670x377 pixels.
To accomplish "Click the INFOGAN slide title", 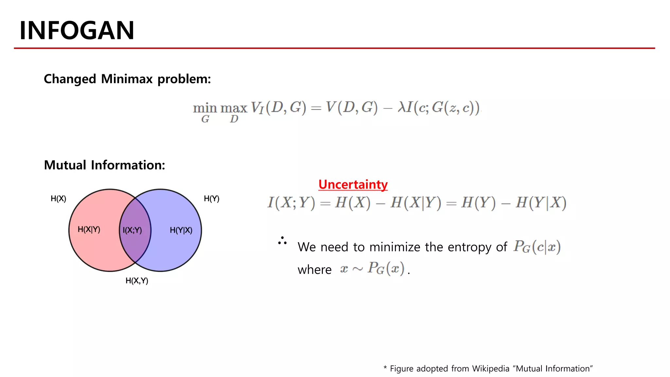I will [77, 30].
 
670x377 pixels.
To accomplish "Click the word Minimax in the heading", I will [127, 79].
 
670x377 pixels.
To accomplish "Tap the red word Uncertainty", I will [353, 185].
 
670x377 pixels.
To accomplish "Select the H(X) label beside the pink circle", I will [58, 199].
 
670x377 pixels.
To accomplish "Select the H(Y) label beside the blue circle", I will [211, 199].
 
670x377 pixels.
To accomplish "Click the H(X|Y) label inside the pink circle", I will [89, 229].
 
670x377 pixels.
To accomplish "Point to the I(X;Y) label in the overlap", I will [132, 230].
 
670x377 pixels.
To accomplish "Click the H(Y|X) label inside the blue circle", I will [181, 230].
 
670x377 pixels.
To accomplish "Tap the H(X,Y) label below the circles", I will [137, 281].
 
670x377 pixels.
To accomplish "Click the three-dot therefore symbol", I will [282, 241].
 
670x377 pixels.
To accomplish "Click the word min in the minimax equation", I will [205, 108].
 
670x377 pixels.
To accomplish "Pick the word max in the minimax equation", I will [234, 108].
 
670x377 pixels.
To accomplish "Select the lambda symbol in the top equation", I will [401, 107].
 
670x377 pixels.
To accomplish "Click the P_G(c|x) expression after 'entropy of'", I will [537, 247].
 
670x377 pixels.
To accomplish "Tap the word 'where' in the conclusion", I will [314, 270].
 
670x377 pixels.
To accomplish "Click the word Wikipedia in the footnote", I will [491, 369].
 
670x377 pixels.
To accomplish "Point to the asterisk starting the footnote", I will [385, 368].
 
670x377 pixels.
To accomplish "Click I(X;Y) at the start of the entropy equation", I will [291, 203].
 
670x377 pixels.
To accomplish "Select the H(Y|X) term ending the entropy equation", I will [541, 203].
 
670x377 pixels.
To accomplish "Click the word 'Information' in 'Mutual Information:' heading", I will [128, 165].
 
